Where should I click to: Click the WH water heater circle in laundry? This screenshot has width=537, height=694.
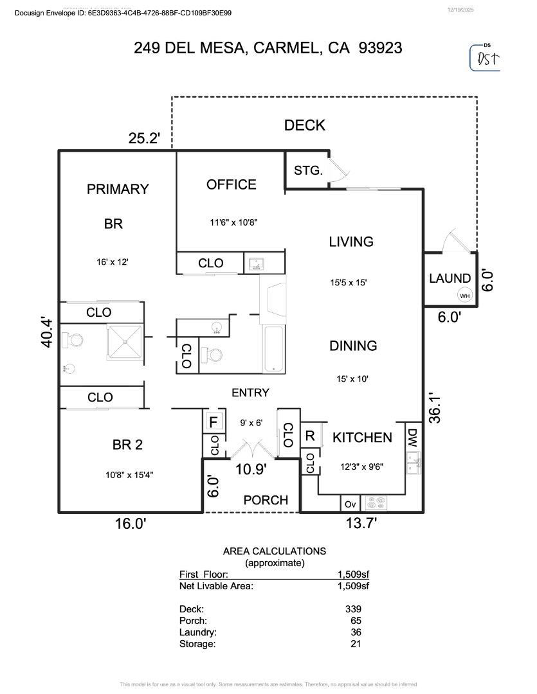pos(464,296)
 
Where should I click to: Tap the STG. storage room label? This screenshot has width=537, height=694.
pos(308,170)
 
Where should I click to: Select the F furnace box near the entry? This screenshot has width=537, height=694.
pos(212,423)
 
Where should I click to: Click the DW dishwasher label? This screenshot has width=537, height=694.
pos(413,438)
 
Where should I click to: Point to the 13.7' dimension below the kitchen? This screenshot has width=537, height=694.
pos(361,524)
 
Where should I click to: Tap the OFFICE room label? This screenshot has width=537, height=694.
pos(231,184)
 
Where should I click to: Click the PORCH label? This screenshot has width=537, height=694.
pos(266,500)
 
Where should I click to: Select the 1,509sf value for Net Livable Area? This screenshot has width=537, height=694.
pos(353,585)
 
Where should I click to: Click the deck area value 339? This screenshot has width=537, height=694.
pos(353,609)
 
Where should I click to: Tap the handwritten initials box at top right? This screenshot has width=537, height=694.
pos(486,58)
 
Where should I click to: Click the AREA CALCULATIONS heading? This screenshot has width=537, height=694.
pos(274,551)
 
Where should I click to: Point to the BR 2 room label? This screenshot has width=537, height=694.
pos(127,445)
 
